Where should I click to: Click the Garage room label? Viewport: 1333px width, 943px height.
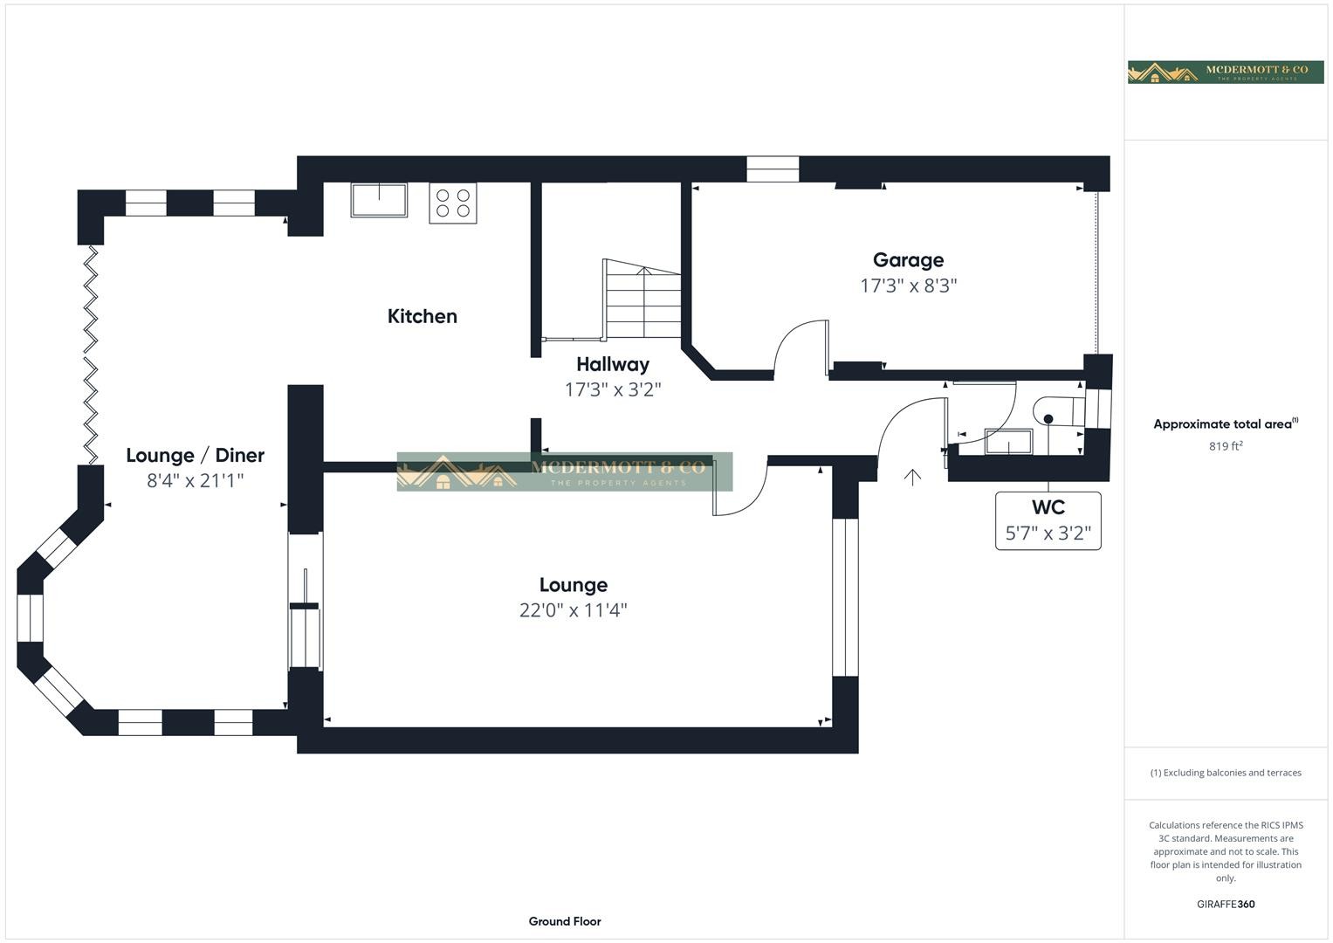click(908, 260)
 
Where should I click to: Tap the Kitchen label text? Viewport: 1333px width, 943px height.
click(423, 316)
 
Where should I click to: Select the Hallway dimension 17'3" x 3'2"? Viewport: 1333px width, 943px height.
click(613, 390)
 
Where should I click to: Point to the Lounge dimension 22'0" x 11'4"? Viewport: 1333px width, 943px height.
click(573, 610)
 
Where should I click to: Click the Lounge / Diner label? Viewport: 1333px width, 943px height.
click(196, 456)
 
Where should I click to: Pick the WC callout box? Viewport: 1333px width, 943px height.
click(1048, 521)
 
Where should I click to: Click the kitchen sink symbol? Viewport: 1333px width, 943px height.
click(379, 200)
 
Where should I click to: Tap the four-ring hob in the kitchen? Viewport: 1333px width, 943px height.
click(453, 203)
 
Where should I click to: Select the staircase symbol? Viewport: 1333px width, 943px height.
click(642, 299)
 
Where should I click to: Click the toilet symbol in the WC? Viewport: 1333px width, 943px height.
click(1060, 411)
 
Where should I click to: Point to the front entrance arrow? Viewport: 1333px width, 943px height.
click(912, 477)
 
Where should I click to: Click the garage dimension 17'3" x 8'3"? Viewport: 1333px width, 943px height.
click(908, 286)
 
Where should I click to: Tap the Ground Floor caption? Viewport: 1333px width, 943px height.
click(565, 921)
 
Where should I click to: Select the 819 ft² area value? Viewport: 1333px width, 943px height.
click(1226, 446)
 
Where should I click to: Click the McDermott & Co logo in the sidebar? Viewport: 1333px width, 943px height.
click(1226, 72)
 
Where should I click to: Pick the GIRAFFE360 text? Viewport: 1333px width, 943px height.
click(1226, 905)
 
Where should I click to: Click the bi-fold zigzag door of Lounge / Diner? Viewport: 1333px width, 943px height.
click(91, 354)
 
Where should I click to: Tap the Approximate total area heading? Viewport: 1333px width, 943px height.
click(1226, 423)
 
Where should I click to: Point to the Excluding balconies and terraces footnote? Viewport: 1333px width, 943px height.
click(1226, 773)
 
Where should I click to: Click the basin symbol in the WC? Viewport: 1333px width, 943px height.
click(1008, 441)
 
